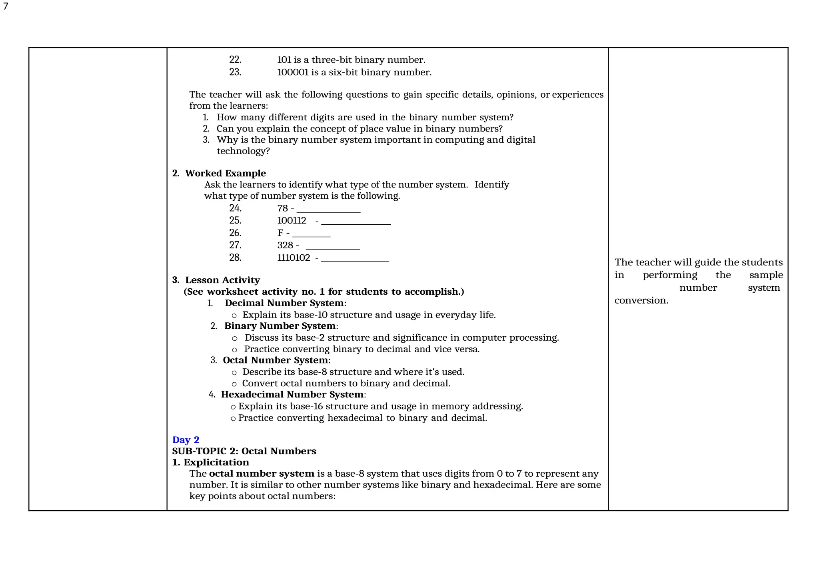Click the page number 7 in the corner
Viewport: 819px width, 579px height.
click(x=6, y=6)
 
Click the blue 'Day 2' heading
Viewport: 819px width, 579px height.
click(x=186, y=440)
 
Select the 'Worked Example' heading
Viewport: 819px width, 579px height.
click(x=225, y=173)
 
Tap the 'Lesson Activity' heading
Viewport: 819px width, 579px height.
click(x=222, y=280)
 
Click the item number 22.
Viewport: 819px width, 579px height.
click(x=235, y=60)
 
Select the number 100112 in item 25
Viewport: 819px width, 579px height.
click(x=292, y=221)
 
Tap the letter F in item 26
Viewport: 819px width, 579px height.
click(x=280, y=233)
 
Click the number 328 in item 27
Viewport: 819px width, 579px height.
click(x=285, y=246)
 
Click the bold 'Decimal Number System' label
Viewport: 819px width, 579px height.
click(x=284, y=303)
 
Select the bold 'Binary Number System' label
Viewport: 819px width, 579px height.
click(x=280, y=326)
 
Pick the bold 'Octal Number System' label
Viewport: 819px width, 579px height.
click(x=275, y=360)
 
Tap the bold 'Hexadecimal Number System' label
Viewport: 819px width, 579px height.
click(x=292, y=395)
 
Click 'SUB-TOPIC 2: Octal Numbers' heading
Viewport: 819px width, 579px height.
click(x=244, y=451)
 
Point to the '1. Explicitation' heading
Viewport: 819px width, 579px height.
click(x=210, y=462)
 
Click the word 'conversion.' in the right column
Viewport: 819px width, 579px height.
click(x=641, y=300)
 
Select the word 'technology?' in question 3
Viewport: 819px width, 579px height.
click(x=243, y=151)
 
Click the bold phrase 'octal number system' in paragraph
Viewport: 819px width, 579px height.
click(x=262, y=474)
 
